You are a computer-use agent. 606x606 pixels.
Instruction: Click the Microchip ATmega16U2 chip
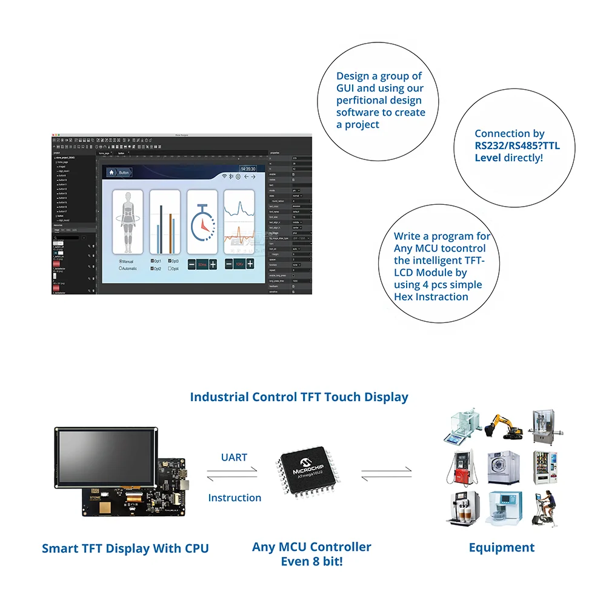[x=309, y=473]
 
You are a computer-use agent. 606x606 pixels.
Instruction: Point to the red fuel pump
[x=462, y=467]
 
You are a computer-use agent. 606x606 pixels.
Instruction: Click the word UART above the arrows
[x=234, y=458]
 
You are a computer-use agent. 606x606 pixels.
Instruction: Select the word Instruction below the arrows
[x=235, y=498]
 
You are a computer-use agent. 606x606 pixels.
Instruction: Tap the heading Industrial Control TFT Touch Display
[x=299, y=397]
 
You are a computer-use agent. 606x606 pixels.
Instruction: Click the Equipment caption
[x=502, y=547]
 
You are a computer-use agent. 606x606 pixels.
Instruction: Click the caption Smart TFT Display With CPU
[x=125, y=548]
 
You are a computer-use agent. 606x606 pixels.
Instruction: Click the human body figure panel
[x=128, y=222]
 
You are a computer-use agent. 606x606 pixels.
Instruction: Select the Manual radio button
[x=121, y=261]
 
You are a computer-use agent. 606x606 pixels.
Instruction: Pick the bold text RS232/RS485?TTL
[x=517, y=145]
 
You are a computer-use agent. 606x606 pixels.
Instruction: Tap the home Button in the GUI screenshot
[x=119, y=173]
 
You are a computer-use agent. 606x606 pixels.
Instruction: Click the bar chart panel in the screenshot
[x=165, y=222]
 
